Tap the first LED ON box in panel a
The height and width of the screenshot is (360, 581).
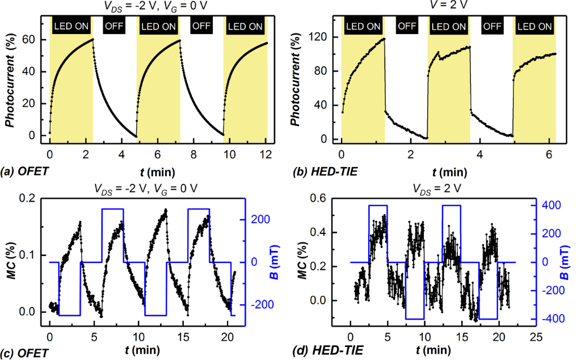(71, 26)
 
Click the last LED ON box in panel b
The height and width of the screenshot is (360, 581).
(533, 26)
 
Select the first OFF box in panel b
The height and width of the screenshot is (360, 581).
(406, 26)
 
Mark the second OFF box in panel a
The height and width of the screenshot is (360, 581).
(201, 26)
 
